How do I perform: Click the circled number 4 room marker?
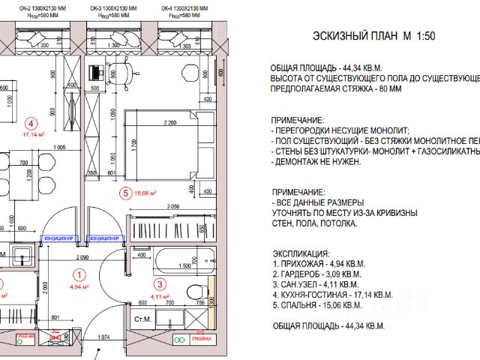tap(31, 124)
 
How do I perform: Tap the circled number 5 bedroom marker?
tap(126, 193)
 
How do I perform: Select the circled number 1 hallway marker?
tap(79, 274)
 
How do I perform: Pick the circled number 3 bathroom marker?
tap(160, 283)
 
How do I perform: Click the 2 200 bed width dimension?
tap(169, 122)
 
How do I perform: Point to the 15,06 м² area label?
tap(145, 193)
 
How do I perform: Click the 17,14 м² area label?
tap(34, 135)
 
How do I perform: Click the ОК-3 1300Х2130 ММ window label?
tap(119, 7)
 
